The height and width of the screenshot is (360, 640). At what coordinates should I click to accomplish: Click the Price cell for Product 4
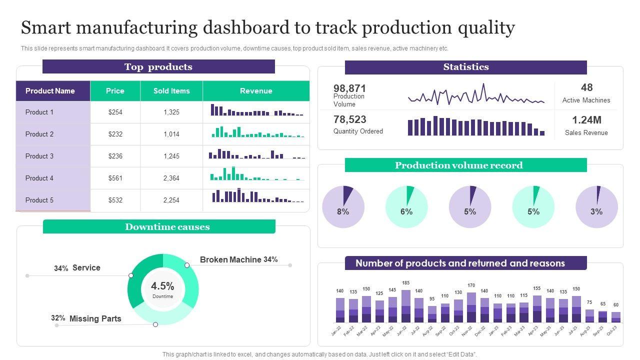coord(115,178)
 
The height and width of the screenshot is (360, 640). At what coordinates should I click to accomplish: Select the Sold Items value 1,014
coord(171,134)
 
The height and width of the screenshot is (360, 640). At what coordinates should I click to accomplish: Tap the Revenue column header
coord(256,91)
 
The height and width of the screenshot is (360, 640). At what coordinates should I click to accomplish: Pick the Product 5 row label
coord(39,200)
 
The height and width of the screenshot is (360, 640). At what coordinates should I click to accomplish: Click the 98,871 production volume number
coord(350,88)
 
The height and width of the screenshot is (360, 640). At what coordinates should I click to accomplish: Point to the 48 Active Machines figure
coord(586,87)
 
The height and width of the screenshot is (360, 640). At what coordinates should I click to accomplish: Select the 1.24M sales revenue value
coord(586,120)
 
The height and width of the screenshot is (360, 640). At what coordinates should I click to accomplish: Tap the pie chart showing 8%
coord(343,207)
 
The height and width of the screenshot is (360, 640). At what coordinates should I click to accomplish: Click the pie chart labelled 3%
coord(596,207)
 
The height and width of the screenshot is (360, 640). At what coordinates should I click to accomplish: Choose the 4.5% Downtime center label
coord(162,286)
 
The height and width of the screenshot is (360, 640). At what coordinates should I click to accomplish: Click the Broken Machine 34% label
coord(238,259)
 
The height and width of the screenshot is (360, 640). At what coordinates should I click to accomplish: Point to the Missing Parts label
coord(95,318)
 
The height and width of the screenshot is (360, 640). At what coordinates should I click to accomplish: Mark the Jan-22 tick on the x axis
coord(336,330)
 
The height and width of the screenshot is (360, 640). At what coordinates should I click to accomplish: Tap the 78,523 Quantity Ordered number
coord(350,119)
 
